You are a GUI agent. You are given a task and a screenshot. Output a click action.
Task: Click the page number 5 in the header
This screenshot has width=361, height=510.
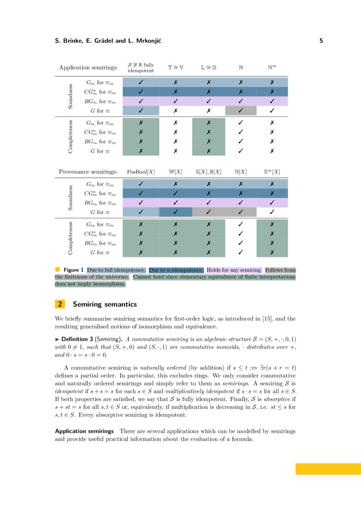pos(321,41)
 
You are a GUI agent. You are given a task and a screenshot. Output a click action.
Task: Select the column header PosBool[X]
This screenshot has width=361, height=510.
pos(141,172)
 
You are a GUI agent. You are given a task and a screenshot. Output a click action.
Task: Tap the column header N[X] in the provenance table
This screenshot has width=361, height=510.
pos(241,172)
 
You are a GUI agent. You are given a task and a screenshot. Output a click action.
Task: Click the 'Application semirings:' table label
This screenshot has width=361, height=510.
pos(89,68)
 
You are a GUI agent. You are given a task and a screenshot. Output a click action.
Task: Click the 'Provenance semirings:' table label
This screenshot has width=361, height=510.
pos(88,172)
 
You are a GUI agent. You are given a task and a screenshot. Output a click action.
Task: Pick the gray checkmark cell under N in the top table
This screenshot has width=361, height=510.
pos(241,111)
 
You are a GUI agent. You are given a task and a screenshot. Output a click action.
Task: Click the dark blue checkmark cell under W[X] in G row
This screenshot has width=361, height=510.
pos(175,212)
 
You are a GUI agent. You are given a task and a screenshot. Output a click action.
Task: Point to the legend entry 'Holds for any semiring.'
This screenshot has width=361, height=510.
pos(234,270)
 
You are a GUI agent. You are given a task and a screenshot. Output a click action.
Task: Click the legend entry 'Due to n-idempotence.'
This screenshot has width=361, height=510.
pos(176,270)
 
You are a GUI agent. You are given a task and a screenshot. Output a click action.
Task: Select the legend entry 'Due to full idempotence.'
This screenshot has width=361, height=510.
pos(116,270)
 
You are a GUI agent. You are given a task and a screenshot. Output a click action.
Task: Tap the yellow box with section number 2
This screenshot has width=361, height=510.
pos(60,304)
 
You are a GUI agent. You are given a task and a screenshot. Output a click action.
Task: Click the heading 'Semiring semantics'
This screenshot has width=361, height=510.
pos(105,304)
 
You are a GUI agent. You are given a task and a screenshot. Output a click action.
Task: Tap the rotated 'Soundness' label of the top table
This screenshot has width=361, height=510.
pos(70,96)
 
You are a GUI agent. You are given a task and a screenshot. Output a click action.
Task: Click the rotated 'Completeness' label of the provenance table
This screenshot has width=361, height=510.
pos(70,238)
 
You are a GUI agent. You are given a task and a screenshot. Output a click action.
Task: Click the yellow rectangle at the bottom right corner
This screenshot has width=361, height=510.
pos(328,469)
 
